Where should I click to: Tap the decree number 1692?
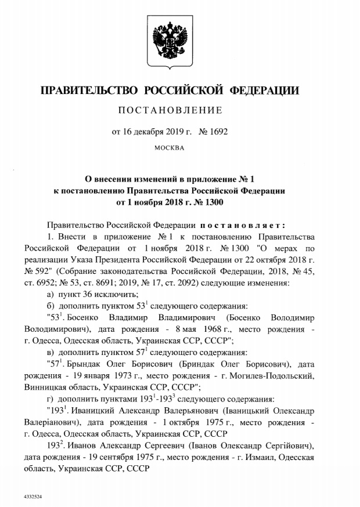218,132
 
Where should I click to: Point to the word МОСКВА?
169,148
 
